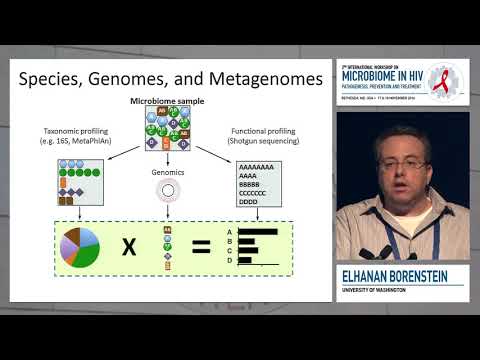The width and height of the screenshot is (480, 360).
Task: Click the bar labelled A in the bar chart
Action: (x=258, y=231)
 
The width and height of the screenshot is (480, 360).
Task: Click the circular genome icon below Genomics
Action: (x=166, y=190)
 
